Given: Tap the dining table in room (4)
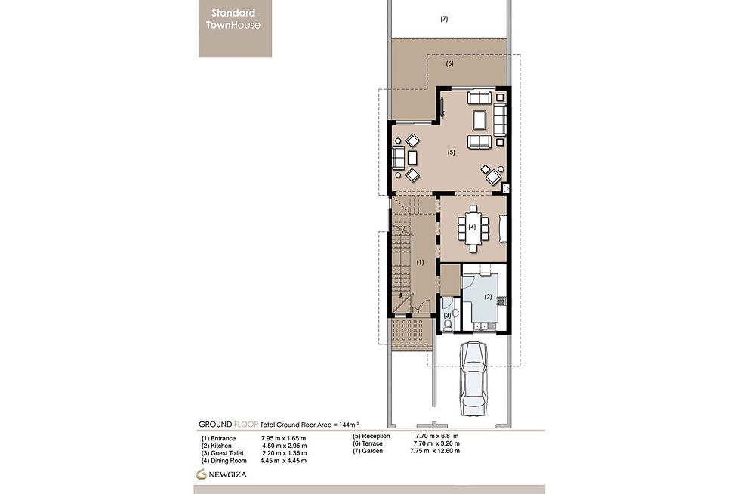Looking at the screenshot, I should click(x=472, y=227).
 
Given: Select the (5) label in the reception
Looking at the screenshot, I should click(x=451, y=153).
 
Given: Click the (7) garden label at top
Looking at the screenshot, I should click(x=444, y=19).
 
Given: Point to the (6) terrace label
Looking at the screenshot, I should click(x=449, y=65).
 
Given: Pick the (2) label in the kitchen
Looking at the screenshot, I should click(x=488, y=296).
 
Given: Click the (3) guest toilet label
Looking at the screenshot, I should click(x=447, y=314).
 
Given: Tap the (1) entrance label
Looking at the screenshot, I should click(x=421, y=262).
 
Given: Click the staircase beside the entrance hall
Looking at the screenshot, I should click(x=401, y=257).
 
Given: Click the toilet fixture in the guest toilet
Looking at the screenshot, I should click(x=448, y=325).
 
